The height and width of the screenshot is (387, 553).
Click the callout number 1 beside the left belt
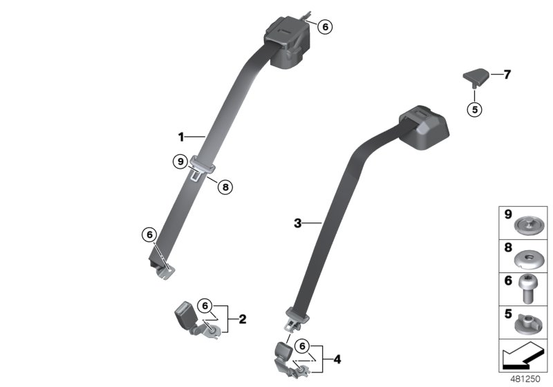click(181, 135)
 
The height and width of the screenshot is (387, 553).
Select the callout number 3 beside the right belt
click(298, 223)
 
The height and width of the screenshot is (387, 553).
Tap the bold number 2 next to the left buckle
click(242, 319)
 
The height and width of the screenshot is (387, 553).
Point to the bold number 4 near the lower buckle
click(337, 359)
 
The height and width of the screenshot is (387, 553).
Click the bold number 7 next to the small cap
click(507, 75)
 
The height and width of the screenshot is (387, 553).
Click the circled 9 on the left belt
click(179, 162)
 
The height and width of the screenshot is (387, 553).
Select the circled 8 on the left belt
click(223, 185)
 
